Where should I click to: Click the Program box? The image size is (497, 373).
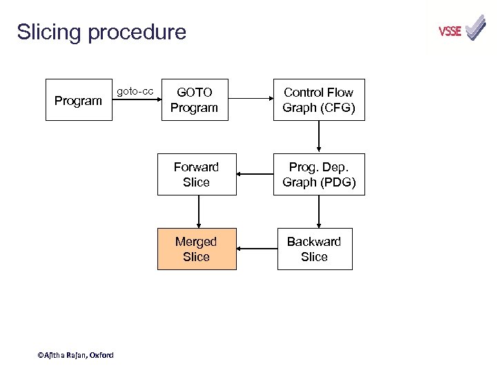tap(79, 101)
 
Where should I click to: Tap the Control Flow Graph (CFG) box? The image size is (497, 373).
tap(318, 100)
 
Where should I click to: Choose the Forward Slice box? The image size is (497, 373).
tap(196, 175)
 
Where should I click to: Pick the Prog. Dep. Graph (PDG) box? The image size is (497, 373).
tap(318, 175)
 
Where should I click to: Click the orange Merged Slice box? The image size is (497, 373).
tap(196, 249)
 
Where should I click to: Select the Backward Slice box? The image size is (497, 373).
tap(314, 249)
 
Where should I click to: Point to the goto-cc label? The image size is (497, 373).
tap(135, 91)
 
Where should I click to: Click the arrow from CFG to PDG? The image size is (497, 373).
tap(318, 137)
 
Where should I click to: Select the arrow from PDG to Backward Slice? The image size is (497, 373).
tap(318, 211)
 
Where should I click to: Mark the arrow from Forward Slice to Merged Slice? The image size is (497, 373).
tap(199, 211)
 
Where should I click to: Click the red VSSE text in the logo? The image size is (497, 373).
tap(450, 31)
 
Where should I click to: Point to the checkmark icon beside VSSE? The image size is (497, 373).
tap(476, 28)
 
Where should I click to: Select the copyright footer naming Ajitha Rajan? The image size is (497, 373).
tap(76, 355)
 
